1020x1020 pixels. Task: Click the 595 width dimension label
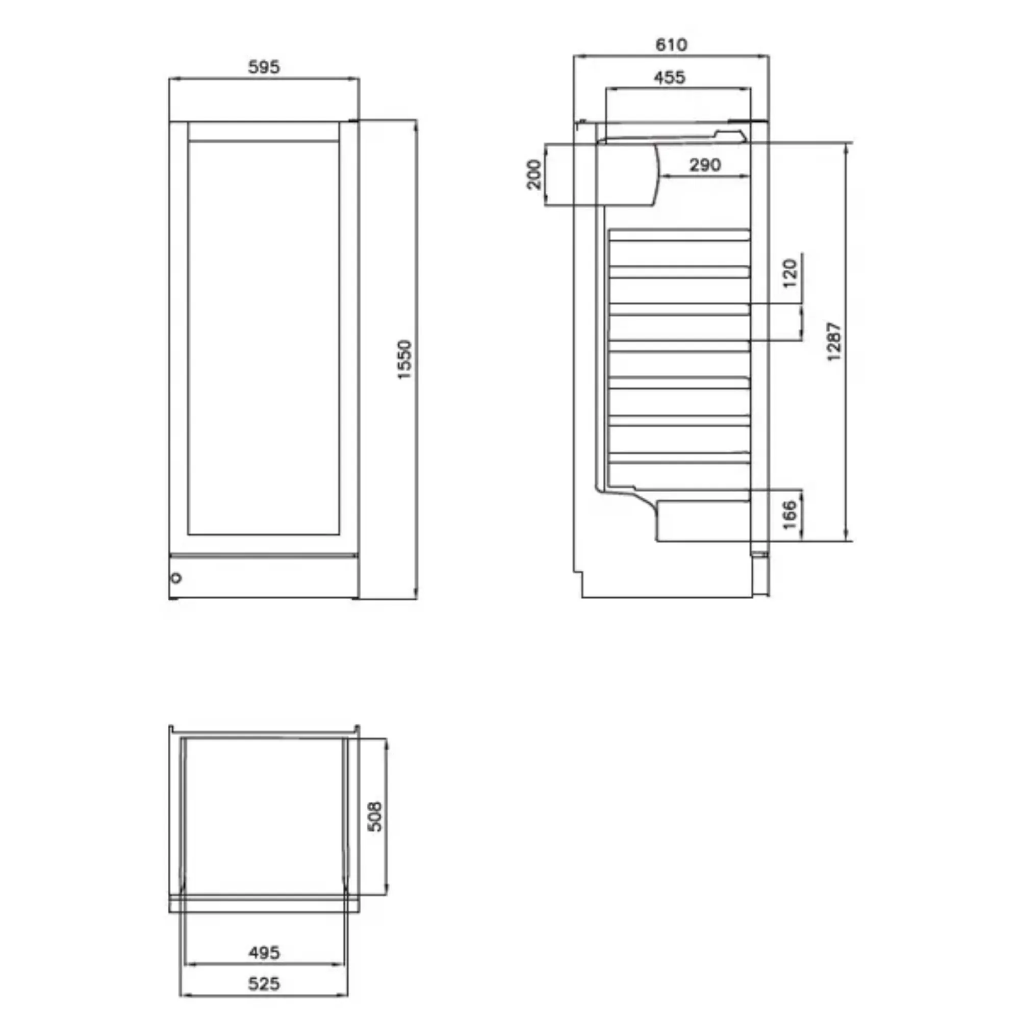264,67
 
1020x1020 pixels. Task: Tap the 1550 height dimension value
404,360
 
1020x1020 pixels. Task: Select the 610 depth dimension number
671,45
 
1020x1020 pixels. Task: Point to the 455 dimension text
670,78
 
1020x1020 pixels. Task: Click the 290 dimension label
705,165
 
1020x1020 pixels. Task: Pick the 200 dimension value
534,174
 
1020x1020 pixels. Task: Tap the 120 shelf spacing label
790,273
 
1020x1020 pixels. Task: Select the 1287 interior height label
834,342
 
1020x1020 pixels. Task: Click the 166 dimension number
789,515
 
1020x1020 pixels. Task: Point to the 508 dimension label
374,816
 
